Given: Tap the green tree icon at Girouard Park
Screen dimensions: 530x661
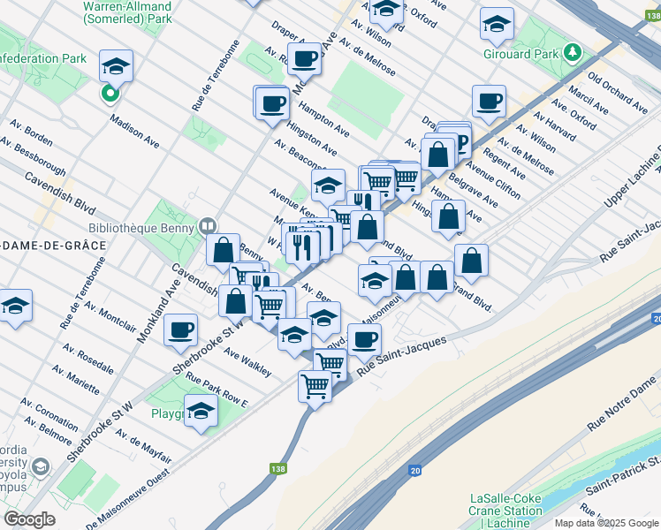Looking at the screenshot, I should [573, 54].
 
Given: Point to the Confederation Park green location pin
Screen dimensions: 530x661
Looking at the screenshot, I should [110, 92].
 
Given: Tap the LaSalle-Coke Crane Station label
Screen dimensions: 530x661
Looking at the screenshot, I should [506, 511].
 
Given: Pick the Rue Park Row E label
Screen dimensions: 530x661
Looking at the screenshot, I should [217, 389].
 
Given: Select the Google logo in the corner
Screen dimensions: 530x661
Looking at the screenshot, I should [30, 519].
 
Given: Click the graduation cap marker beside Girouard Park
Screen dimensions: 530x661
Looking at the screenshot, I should [498, 25].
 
